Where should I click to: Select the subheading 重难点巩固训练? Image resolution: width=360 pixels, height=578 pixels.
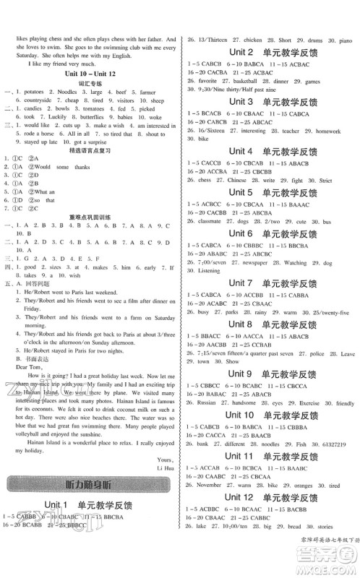point(90,235)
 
